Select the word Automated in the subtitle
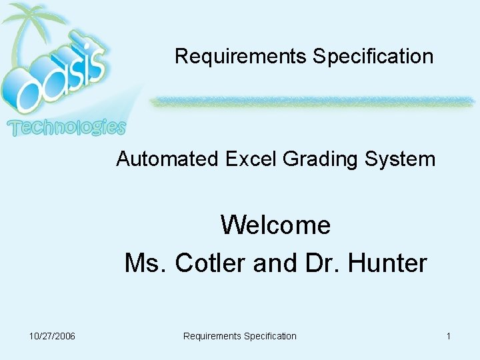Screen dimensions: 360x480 (x=167, y=159)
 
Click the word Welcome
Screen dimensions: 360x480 (x=275, y=225)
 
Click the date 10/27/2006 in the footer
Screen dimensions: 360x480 (x=52, y=336)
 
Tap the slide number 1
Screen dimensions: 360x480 (x=449, y=336)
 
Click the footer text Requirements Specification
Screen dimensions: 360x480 (x=239, y=336)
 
